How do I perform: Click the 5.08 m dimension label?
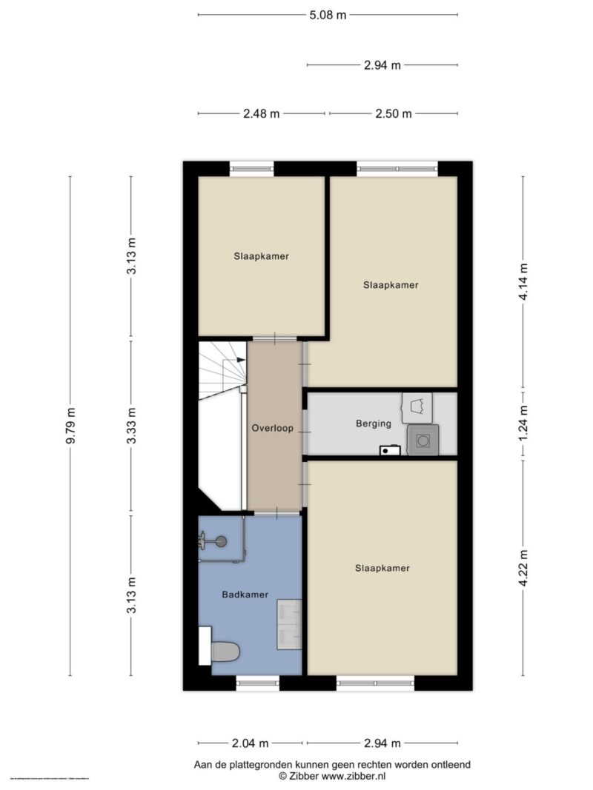[x=328, y=14]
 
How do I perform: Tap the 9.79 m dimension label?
[x=70, y=426]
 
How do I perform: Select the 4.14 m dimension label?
[x=523, y=281]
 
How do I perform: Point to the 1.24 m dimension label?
[x=523, y=424]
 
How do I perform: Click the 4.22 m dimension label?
[x=523, y=567]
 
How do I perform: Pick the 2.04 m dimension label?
[x=250, y=743]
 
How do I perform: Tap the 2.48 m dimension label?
[x=261, y=113]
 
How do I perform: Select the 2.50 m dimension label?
[x=393, y=113]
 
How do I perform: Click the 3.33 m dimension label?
[x=131, y=426]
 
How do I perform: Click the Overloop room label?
[x=273, y=428]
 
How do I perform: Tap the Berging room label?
[x=373, y=424]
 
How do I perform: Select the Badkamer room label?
[x=245, y=594]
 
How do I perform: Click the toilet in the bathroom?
[x=224, y=652]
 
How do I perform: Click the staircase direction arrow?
[x=239, y=360]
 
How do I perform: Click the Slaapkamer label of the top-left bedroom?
[x=261, y=256]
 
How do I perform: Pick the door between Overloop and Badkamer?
[x=277, y=512]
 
